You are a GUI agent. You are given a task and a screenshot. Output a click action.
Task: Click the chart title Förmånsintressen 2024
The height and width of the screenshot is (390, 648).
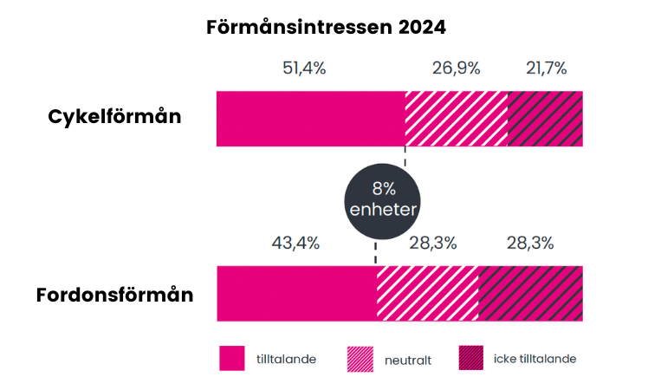(x=326, y=27)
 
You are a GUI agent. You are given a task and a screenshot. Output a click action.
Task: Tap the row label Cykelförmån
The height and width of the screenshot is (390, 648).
(x=114, y=116)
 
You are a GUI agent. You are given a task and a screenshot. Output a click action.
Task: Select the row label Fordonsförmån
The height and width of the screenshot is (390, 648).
(x=114, y=295)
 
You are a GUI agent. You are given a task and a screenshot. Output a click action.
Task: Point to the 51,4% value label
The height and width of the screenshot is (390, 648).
(x=304, y=68)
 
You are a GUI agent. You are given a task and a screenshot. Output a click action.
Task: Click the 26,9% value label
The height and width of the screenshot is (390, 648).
(x=456, y=68)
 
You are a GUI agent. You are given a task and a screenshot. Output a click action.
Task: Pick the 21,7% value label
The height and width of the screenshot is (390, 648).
(x=546, y=68)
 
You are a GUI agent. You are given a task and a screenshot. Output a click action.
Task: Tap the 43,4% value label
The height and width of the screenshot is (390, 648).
(x=296, y=243)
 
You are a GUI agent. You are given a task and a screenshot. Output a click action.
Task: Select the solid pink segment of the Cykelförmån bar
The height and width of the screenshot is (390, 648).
(x=310, y=118)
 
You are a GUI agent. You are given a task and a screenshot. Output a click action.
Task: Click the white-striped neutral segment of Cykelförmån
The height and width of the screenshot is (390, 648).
(x=456, y=118)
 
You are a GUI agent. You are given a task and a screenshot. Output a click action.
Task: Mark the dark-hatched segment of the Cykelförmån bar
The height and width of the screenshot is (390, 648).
(x=545, y=118)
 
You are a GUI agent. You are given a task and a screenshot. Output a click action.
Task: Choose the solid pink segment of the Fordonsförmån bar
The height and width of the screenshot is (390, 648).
(x=295, y=294)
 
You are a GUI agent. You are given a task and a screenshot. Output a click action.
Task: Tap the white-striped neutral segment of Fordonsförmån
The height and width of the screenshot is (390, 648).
(x=427, y=294)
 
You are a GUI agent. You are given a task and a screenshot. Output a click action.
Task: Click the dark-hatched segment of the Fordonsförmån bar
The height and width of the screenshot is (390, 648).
(x=530, y=294)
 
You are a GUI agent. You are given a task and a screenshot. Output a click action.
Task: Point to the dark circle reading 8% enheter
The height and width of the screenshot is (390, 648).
(x=382, y=199)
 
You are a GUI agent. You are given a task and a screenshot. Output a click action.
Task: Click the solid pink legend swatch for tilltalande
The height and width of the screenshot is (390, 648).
(x=232, y=358)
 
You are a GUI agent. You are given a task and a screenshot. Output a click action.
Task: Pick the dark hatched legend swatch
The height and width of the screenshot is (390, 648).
(x=470, y=358)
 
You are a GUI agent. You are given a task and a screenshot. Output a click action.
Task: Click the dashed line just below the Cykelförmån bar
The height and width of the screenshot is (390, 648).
(x=405, y=156)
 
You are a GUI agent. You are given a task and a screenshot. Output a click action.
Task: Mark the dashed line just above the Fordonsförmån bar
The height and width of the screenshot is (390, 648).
(x=376, y=255)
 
